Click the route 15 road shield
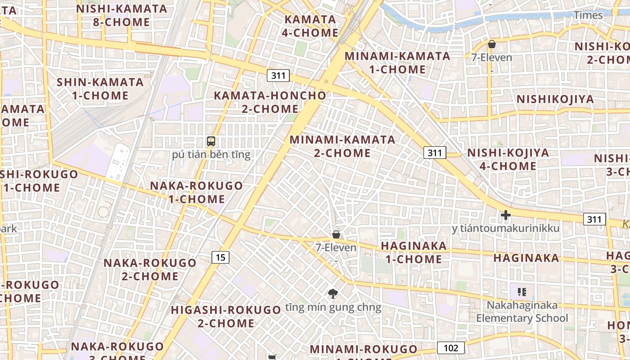[220, 257]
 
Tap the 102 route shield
[450, 347]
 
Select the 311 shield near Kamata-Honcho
[278, 75]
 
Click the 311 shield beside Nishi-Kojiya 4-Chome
[435, 153]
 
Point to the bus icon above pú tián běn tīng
[211, 141]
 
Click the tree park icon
[333, 294]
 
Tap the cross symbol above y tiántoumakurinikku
[505, 216]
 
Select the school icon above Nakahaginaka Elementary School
[522, 292]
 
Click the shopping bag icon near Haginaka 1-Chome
[336, 234]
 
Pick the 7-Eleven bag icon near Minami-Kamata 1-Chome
[491, 44]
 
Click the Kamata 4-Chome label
[310, 26]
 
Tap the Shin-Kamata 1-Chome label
[100, 89]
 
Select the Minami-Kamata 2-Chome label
[342, 146]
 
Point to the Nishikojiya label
[555, 99]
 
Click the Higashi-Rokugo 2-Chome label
[226, 316]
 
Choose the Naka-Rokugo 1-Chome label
[196, 192]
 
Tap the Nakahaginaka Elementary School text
[522, 312]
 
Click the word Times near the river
[588, 15]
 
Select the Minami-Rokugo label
[364, 350]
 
